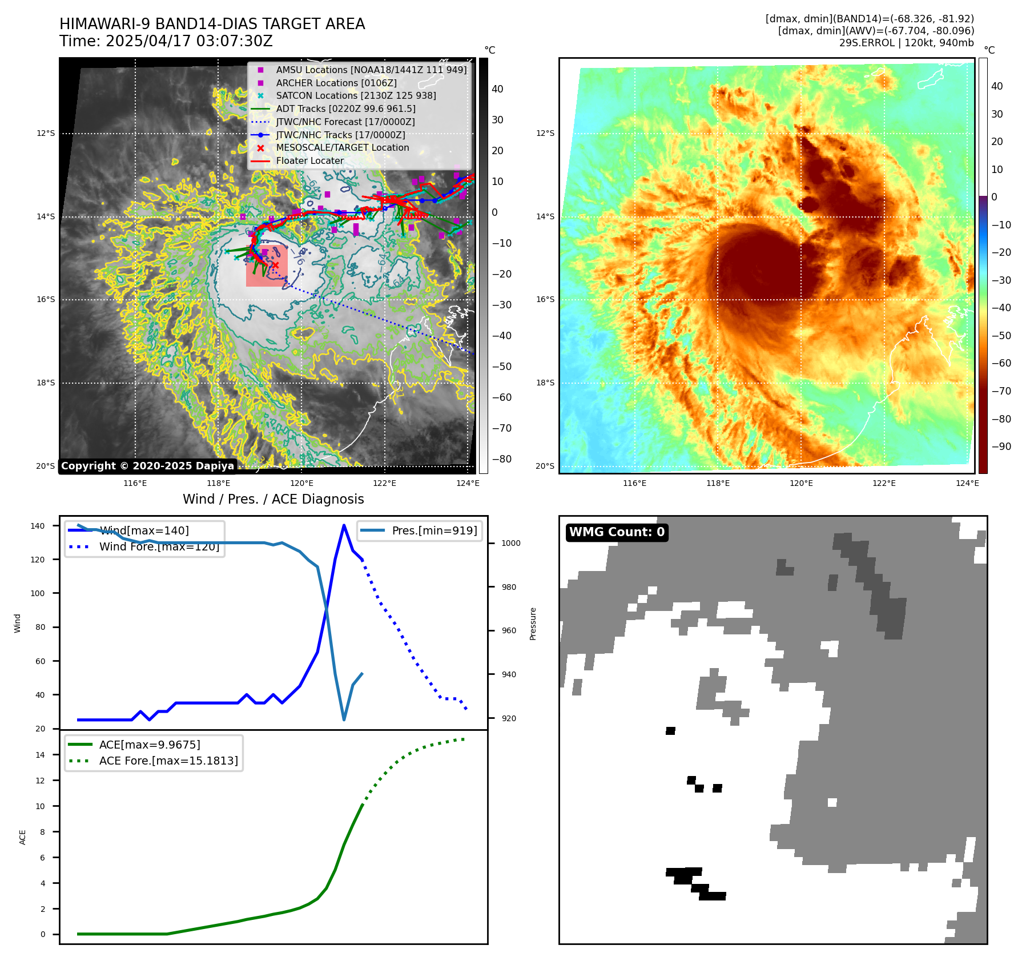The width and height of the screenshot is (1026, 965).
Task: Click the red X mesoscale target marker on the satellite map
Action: click(275, 265)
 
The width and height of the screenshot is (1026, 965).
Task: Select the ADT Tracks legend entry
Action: click(345, 108)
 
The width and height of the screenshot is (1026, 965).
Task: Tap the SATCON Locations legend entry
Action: click(356, 95)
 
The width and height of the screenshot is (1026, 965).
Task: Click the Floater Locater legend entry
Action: click(309, 160)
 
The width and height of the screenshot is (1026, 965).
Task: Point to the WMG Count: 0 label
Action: click(617, 532)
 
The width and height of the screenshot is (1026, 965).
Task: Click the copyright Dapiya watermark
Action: click(147, 466)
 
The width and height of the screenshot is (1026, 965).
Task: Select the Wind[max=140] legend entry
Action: click(144, 530)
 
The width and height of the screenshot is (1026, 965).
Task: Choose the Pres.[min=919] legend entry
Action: click(434, 530)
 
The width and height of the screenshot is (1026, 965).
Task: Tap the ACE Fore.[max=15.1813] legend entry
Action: click(168, 761)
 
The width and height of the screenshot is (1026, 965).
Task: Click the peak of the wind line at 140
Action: click(344, 525)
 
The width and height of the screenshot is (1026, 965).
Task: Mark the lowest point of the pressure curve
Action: click(344, 719)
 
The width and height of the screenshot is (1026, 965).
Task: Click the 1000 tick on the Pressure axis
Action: click(510, 543)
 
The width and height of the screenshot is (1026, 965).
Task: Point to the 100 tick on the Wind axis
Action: click(37, 593)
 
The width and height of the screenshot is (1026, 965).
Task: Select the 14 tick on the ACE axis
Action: click(40, 755)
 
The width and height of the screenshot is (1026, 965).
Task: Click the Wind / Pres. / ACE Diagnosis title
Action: click(273, 499)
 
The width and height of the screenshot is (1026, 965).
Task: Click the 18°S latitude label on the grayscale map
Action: click(46, 383)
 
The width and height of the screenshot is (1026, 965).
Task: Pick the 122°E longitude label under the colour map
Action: click(884, 483)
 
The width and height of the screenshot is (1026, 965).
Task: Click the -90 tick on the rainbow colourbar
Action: click(1001, 447)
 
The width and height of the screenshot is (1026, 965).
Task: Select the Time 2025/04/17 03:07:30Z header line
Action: click(166, 41)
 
